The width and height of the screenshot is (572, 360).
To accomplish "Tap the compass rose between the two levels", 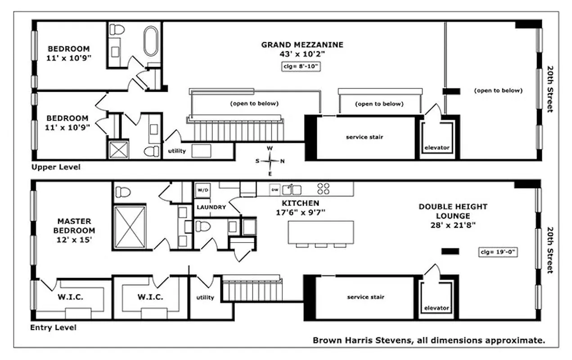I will pos(270,161).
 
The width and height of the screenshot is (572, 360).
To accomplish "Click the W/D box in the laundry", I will pos(201,190).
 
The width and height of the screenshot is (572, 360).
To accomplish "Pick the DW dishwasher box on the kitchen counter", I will pos(274,189).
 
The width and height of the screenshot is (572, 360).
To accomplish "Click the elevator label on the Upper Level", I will pos(437,148).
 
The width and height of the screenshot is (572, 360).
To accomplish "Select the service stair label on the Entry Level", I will pos(365,297).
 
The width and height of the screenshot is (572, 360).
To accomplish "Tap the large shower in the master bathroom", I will pos(130,227).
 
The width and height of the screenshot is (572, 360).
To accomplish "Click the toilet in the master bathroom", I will pos(123,192).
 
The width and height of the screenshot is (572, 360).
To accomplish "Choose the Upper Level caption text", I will pos(56,167).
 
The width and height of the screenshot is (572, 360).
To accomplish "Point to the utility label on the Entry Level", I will pos(205,297).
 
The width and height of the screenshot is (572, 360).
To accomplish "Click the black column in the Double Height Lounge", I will pos(450,252).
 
